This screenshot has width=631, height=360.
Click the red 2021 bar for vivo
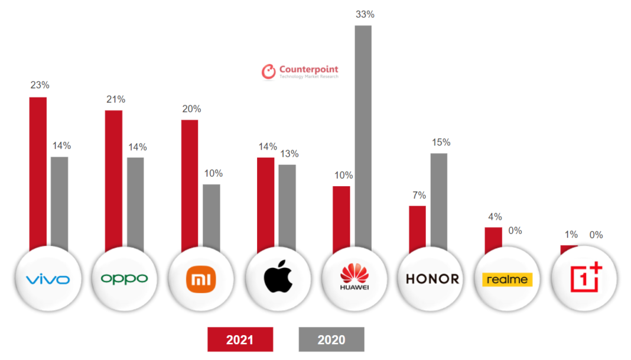click(38, 171)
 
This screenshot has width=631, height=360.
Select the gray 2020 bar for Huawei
click(363, 136)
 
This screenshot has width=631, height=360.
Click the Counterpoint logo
click(300, 72)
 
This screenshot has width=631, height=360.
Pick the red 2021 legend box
click(240, 339)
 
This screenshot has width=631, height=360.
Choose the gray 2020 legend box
click(331, 339)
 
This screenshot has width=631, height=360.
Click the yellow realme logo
click(508, 279)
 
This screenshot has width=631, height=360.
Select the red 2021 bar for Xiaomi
click(190, 183)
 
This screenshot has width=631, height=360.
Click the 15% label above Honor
click(441, 142)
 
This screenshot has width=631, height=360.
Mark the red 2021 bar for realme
click(493, 237)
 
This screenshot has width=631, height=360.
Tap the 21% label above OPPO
click(116, 99)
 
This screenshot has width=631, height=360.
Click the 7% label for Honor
click(417, 195)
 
